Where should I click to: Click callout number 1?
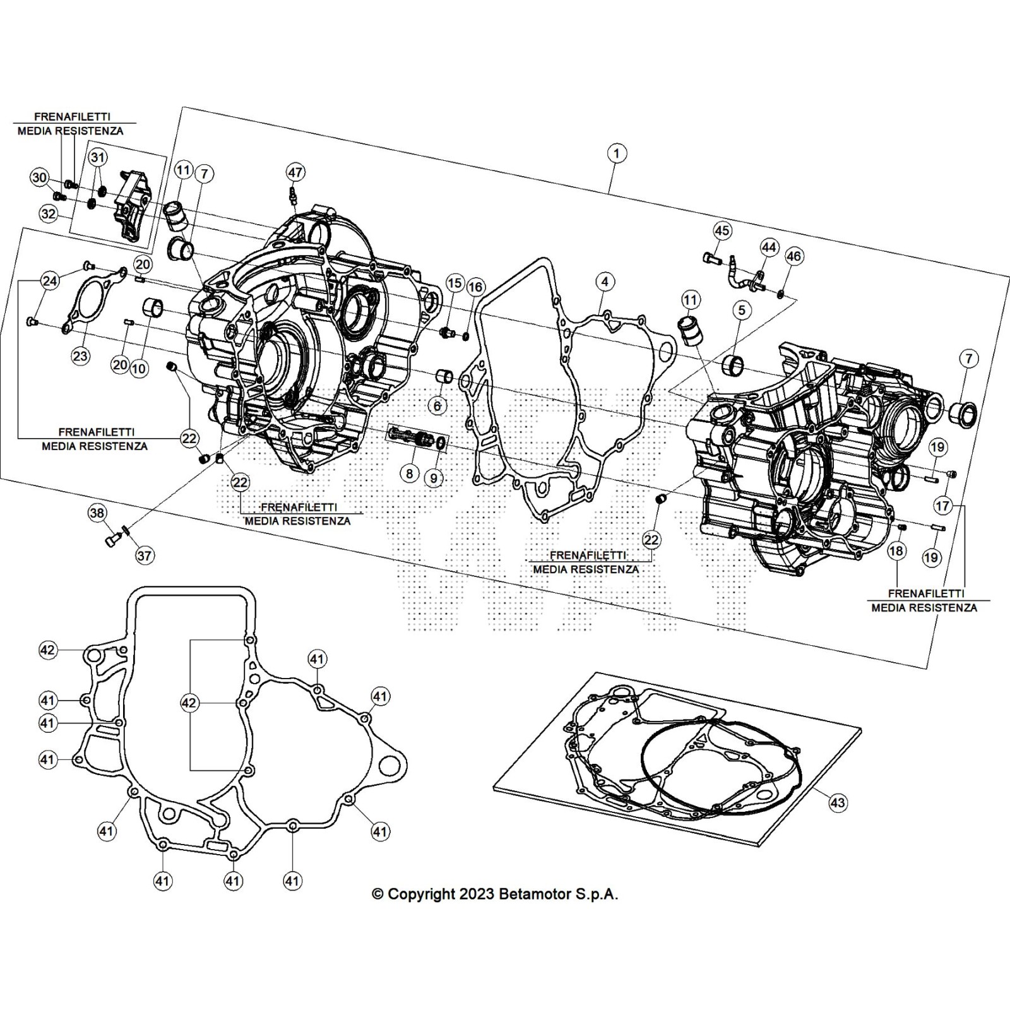pyautogui.click(x=617, y=153)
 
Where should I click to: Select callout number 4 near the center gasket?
pyautogui.click(x=605, y=282)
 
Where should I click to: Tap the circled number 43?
pyautogui.click(x=837, y=803)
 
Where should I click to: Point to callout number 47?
pyautogui.click(x=295, y=172)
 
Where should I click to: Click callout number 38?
pyautogui.click(x=97, y=513)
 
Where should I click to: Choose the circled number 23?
pyautogui.click(x=80, y=356)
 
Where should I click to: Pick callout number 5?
pyautogui.click(x=742, y=309)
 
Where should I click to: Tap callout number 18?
pyautogui.click(x=896, y=550)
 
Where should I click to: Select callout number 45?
pyautogui.click(x=722, y=230)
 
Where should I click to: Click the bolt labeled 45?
pyautogui.click(x=708, y=258)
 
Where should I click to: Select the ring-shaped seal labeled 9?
pyautogui.click(x=441, y=443)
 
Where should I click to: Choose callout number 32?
pyautogui.click(x=49, y=214)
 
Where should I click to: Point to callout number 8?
pyautogui.click(x=410, y=472)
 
